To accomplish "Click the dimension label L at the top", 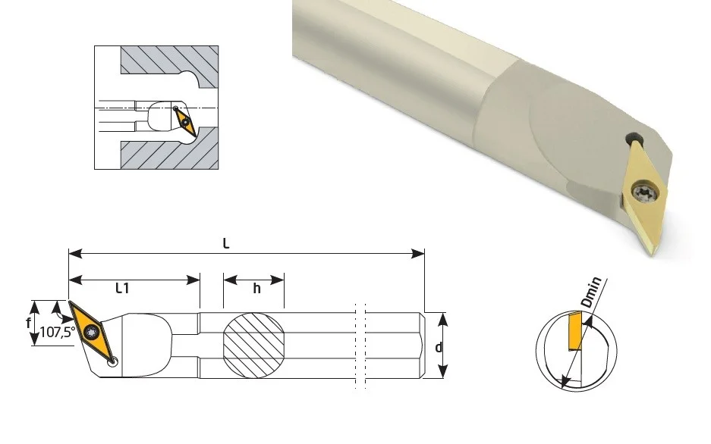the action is [226, 244].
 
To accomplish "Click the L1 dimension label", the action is [122, 288].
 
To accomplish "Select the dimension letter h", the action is [256, 289].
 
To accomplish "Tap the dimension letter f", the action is [29, 324].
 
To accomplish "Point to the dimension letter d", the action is [439, 348].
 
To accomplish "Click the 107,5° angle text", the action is [58, 332].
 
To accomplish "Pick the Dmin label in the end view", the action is [592, 292].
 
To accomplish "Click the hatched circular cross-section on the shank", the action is [253, 345].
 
